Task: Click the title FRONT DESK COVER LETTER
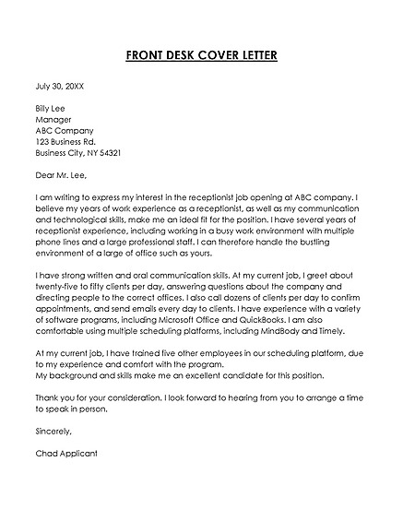[201, 54]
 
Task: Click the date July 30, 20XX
[59, 86]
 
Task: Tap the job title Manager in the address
[53, 119]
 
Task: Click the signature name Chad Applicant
[65, 452]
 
